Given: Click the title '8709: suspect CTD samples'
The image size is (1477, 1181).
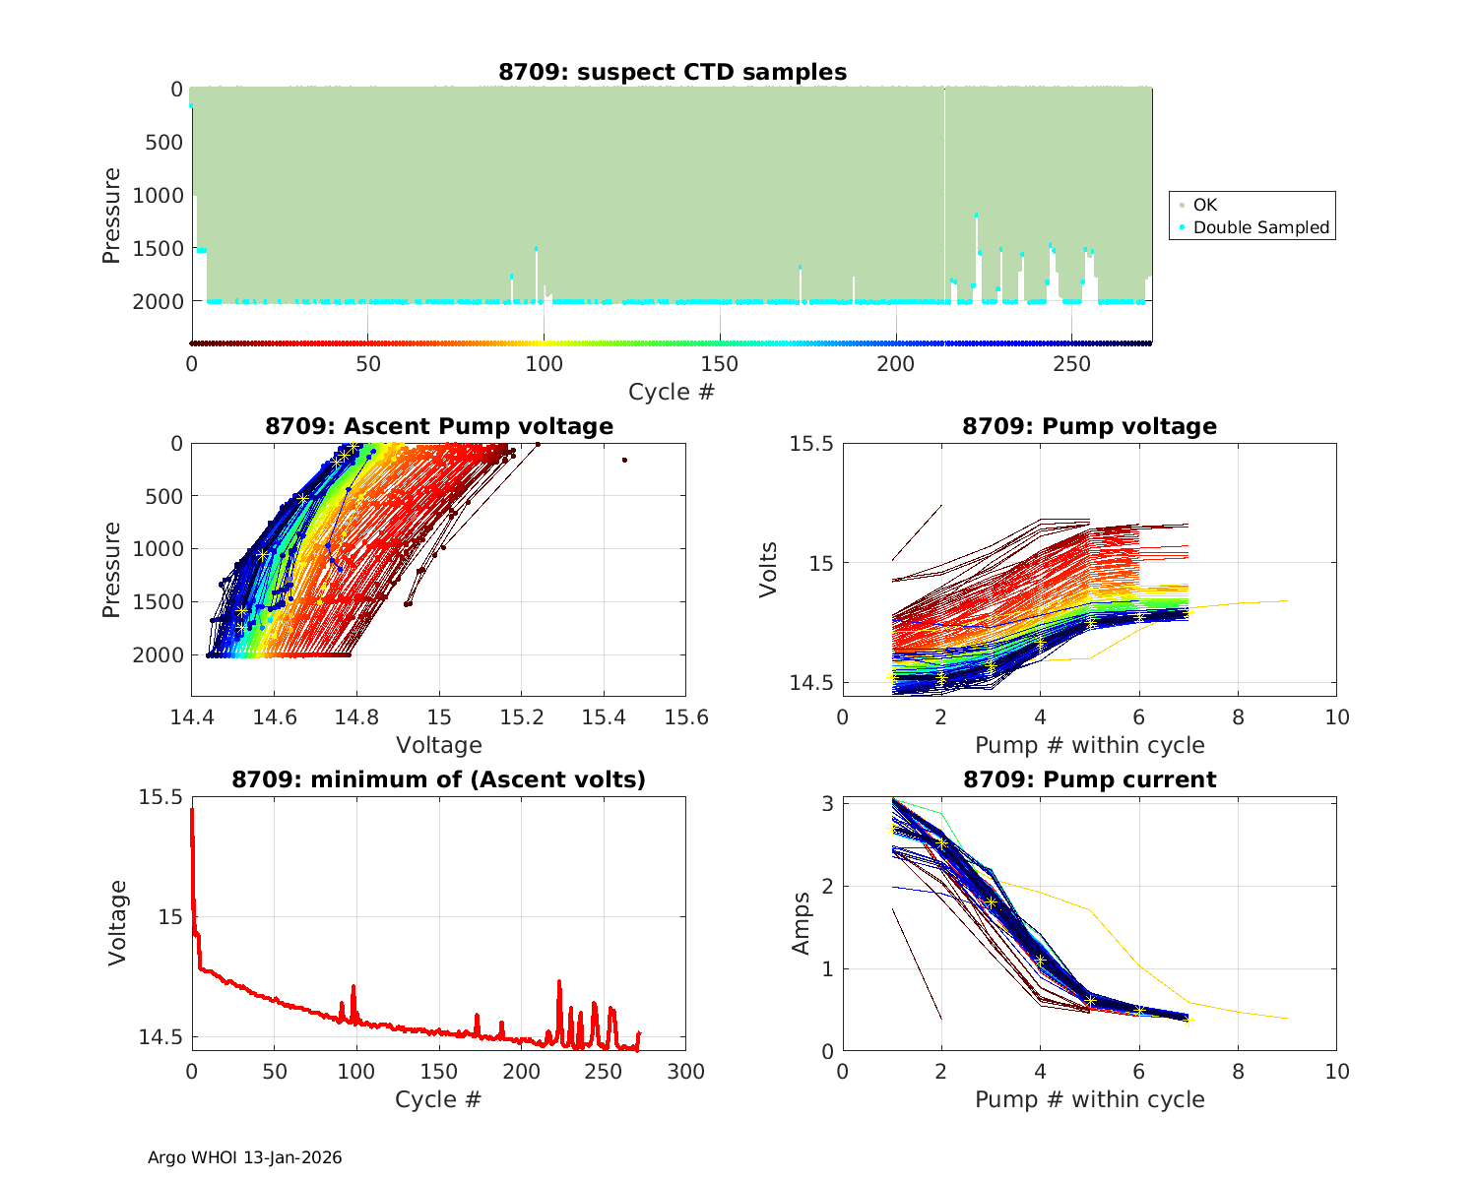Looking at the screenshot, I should pyautogui.click(x=673, y=72).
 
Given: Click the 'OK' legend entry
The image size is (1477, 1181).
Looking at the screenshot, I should pyautogui.click(x=1204, y=205).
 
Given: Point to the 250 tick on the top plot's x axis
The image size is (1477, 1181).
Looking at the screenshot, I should pyautogui.click(x=1072, y=364).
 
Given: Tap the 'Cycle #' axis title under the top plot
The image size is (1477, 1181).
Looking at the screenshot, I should pyautogui.click(x=672, y=392).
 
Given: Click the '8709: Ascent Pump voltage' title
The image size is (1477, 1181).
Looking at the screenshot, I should pyautogui.click(x=439, y=426).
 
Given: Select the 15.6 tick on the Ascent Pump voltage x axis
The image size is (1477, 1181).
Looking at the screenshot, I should pyautogui.click(x=685, y=716).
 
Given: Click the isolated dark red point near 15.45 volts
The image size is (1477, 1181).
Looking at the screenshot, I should pyautogui.click(x=624, y=460).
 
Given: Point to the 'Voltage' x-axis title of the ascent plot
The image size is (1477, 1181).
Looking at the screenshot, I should pyautogui.click(x=439, y=745).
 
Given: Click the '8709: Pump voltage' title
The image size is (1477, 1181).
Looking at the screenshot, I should pyautogui.click(x=1089, y=426).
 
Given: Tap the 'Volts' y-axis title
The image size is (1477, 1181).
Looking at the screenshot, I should pyautogui.click(x=769, y=569).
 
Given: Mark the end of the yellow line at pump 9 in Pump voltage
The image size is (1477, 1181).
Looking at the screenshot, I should pyautogui.click(x=1287, y=600).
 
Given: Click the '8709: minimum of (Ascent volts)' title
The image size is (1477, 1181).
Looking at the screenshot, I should pyautogui.click(x=439, y=779).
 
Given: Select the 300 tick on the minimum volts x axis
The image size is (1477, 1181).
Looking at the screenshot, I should pyautogui.click(x=685, y=1072).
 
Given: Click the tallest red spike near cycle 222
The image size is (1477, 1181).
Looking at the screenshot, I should pyautogui.click(x=559, y=981).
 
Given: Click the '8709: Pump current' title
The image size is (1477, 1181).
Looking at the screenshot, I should pyautogui.click(x=1089, y=779).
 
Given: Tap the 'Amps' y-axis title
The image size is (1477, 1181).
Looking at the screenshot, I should pyautogui.click(x=802, y=922).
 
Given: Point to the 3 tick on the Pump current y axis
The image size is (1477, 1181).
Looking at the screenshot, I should pyautogui.click(x=828, y=804).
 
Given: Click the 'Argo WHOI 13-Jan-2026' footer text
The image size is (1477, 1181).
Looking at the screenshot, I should pyautogui.click(x=244, y=1157).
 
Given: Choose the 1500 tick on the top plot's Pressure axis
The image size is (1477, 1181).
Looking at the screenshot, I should pyautogui.click(x=158, y=248).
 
